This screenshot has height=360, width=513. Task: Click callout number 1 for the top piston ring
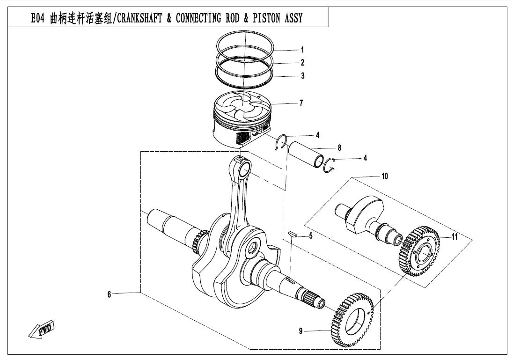coord(302,50)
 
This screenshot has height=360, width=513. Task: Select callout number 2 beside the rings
coord(302,62)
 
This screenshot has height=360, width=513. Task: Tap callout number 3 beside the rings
coord(302,76)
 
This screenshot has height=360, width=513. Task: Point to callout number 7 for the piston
coord(301,103)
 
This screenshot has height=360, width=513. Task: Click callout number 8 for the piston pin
coord(339,147)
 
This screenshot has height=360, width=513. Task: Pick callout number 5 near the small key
coord(310,236)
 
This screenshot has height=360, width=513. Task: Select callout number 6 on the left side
coord(109,294)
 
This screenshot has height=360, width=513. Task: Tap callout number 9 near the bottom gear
coord(301,331)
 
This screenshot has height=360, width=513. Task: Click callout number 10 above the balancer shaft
coord(384,176)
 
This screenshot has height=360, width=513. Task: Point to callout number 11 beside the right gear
coord(454,237)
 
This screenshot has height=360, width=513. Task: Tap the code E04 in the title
coord(38,18)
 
